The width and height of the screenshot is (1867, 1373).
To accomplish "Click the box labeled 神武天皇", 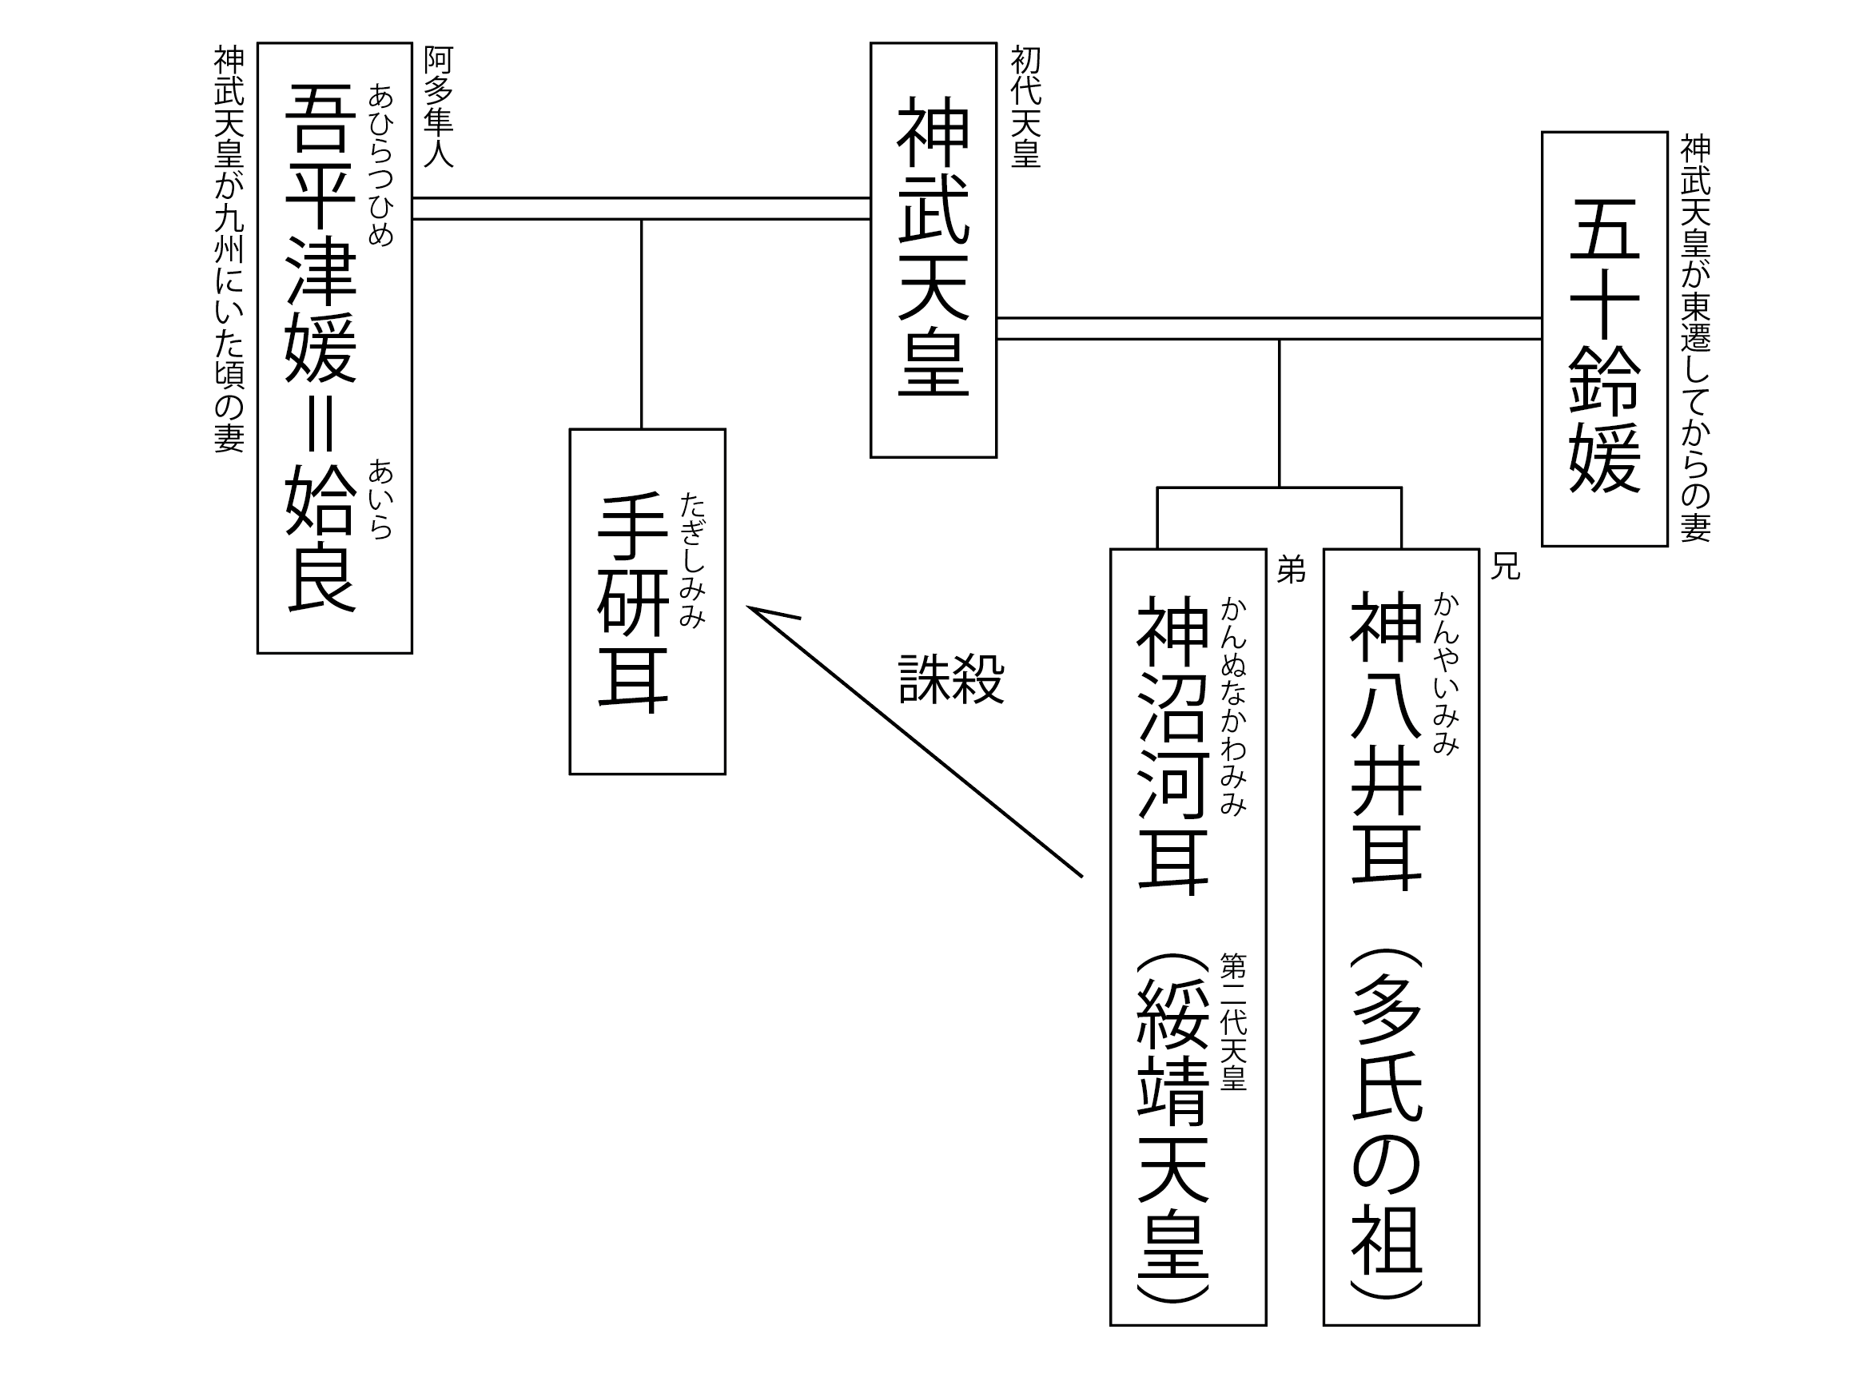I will pyautogui.click(x=933, y=249).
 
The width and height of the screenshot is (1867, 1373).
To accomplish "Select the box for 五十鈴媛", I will pyautogui.click(x=1603, y=339).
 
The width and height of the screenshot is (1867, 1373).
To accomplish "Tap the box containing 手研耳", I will pyautogui.click(x=647, y=601).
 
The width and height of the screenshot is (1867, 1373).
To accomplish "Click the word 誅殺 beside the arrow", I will pyautogui.click(x=951, y=679).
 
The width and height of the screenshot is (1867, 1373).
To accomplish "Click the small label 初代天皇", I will pyautogui.click(x=1025, y=107).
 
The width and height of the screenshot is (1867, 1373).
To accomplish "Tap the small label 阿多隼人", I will pyautogui.click(x=438, y=107).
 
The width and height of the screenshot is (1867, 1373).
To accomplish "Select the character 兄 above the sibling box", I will pyautogui.click(x=1505, y=567).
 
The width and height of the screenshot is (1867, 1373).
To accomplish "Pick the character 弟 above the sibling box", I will pyautogui.click(x=1291, y=570).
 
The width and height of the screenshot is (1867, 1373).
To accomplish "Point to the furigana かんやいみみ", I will pyautogui.click(x=1446, y=673).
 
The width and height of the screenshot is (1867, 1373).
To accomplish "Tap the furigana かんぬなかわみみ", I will pyautogui.click(x=1232, y=706).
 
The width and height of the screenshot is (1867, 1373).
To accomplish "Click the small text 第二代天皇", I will pyautogui.click(x=1232, y=1021).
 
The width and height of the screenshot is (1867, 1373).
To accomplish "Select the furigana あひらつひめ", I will pyautogui.click(x=380, y=165).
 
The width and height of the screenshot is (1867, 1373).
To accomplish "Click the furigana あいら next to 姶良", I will pyautogui.click(x=380, y=499).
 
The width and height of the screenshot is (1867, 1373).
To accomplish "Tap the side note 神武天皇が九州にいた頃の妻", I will pyautogui.click(x=229, y=249).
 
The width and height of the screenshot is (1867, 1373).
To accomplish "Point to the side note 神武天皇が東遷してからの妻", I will pyautogui.click(x=1695, y=339).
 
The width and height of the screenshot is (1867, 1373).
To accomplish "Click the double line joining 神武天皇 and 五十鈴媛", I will pyautogui.click(x=1268, y=328).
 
